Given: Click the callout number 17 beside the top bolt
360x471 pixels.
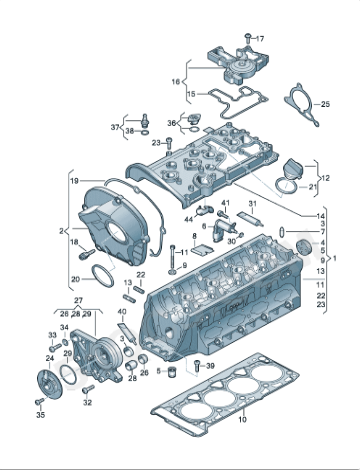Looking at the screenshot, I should (261, 38).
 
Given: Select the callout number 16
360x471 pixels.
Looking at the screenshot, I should (176, 81).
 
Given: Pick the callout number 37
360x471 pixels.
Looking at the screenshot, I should (113, 128).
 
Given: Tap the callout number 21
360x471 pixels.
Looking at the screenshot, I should (313, 187).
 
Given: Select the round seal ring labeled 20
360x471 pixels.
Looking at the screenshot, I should (101, 272).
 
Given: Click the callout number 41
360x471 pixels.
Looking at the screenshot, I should (225, 204).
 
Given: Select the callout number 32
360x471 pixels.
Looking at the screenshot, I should (87, 403).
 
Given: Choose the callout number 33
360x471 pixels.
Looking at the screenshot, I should (51, 335).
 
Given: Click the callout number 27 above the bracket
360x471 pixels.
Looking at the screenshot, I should (78, 299).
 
